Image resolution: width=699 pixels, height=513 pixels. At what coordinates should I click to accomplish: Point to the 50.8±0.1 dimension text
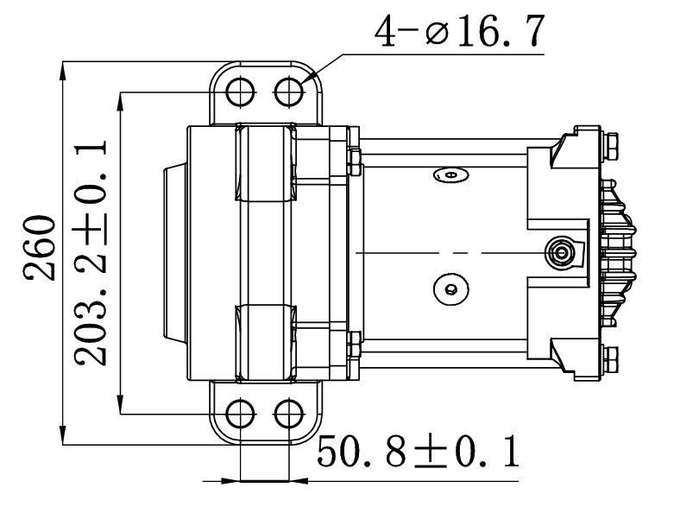pos(419,452)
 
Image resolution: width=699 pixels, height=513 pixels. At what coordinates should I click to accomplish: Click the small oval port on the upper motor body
pos(449,175)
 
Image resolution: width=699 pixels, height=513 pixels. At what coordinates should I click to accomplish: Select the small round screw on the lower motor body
pos(449,288)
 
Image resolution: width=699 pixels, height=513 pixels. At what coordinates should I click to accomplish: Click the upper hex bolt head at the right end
pos(610,145)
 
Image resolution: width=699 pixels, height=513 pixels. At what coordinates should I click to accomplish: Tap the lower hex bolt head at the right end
pos(610,358)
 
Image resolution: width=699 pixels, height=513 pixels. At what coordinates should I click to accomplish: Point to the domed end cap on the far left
pos(172,252)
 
